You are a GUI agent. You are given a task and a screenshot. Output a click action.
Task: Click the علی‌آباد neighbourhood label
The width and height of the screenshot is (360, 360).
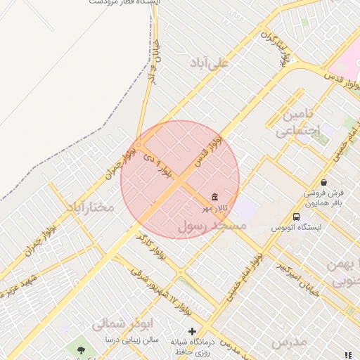point(210,63)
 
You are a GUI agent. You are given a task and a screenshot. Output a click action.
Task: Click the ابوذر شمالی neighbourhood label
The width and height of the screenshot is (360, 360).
point(120,325)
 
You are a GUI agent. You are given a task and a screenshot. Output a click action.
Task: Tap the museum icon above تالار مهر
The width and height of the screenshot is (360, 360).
point(214,196)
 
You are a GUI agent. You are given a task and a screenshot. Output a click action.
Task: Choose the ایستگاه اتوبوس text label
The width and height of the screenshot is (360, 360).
point(296,228)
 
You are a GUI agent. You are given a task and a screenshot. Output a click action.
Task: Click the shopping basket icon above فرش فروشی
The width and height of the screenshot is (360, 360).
point(323,182)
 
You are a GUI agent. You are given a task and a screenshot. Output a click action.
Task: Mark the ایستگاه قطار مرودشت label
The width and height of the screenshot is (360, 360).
point(126,3)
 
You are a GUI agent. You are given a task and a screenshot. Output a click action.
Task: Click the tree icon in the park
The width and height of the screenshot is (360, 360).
point(82,349)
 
